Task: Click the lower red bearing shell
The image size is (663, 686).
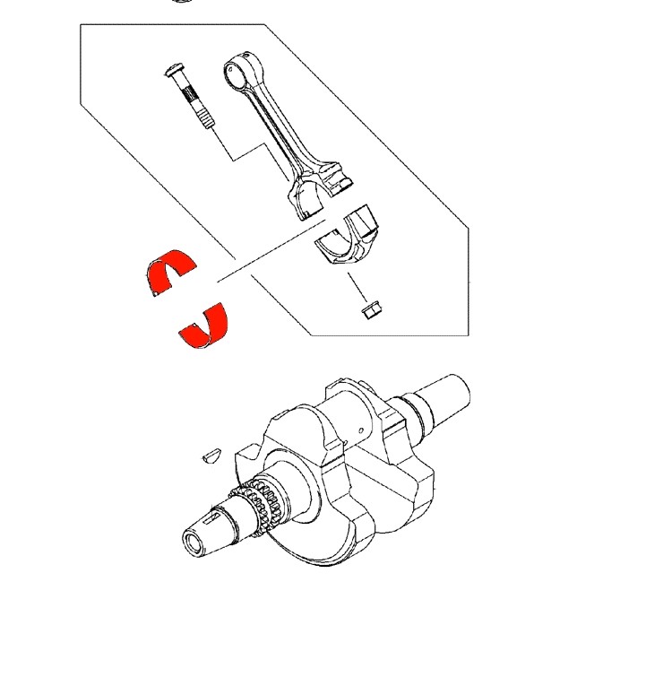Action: click(205, 326)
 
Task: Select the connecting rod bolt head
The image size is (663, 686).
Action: click(174, 71)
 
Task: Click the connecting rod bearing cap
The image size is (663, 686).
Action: click(349, 239)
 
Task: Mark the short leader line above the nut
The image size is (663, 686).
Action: click(358, 287)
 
